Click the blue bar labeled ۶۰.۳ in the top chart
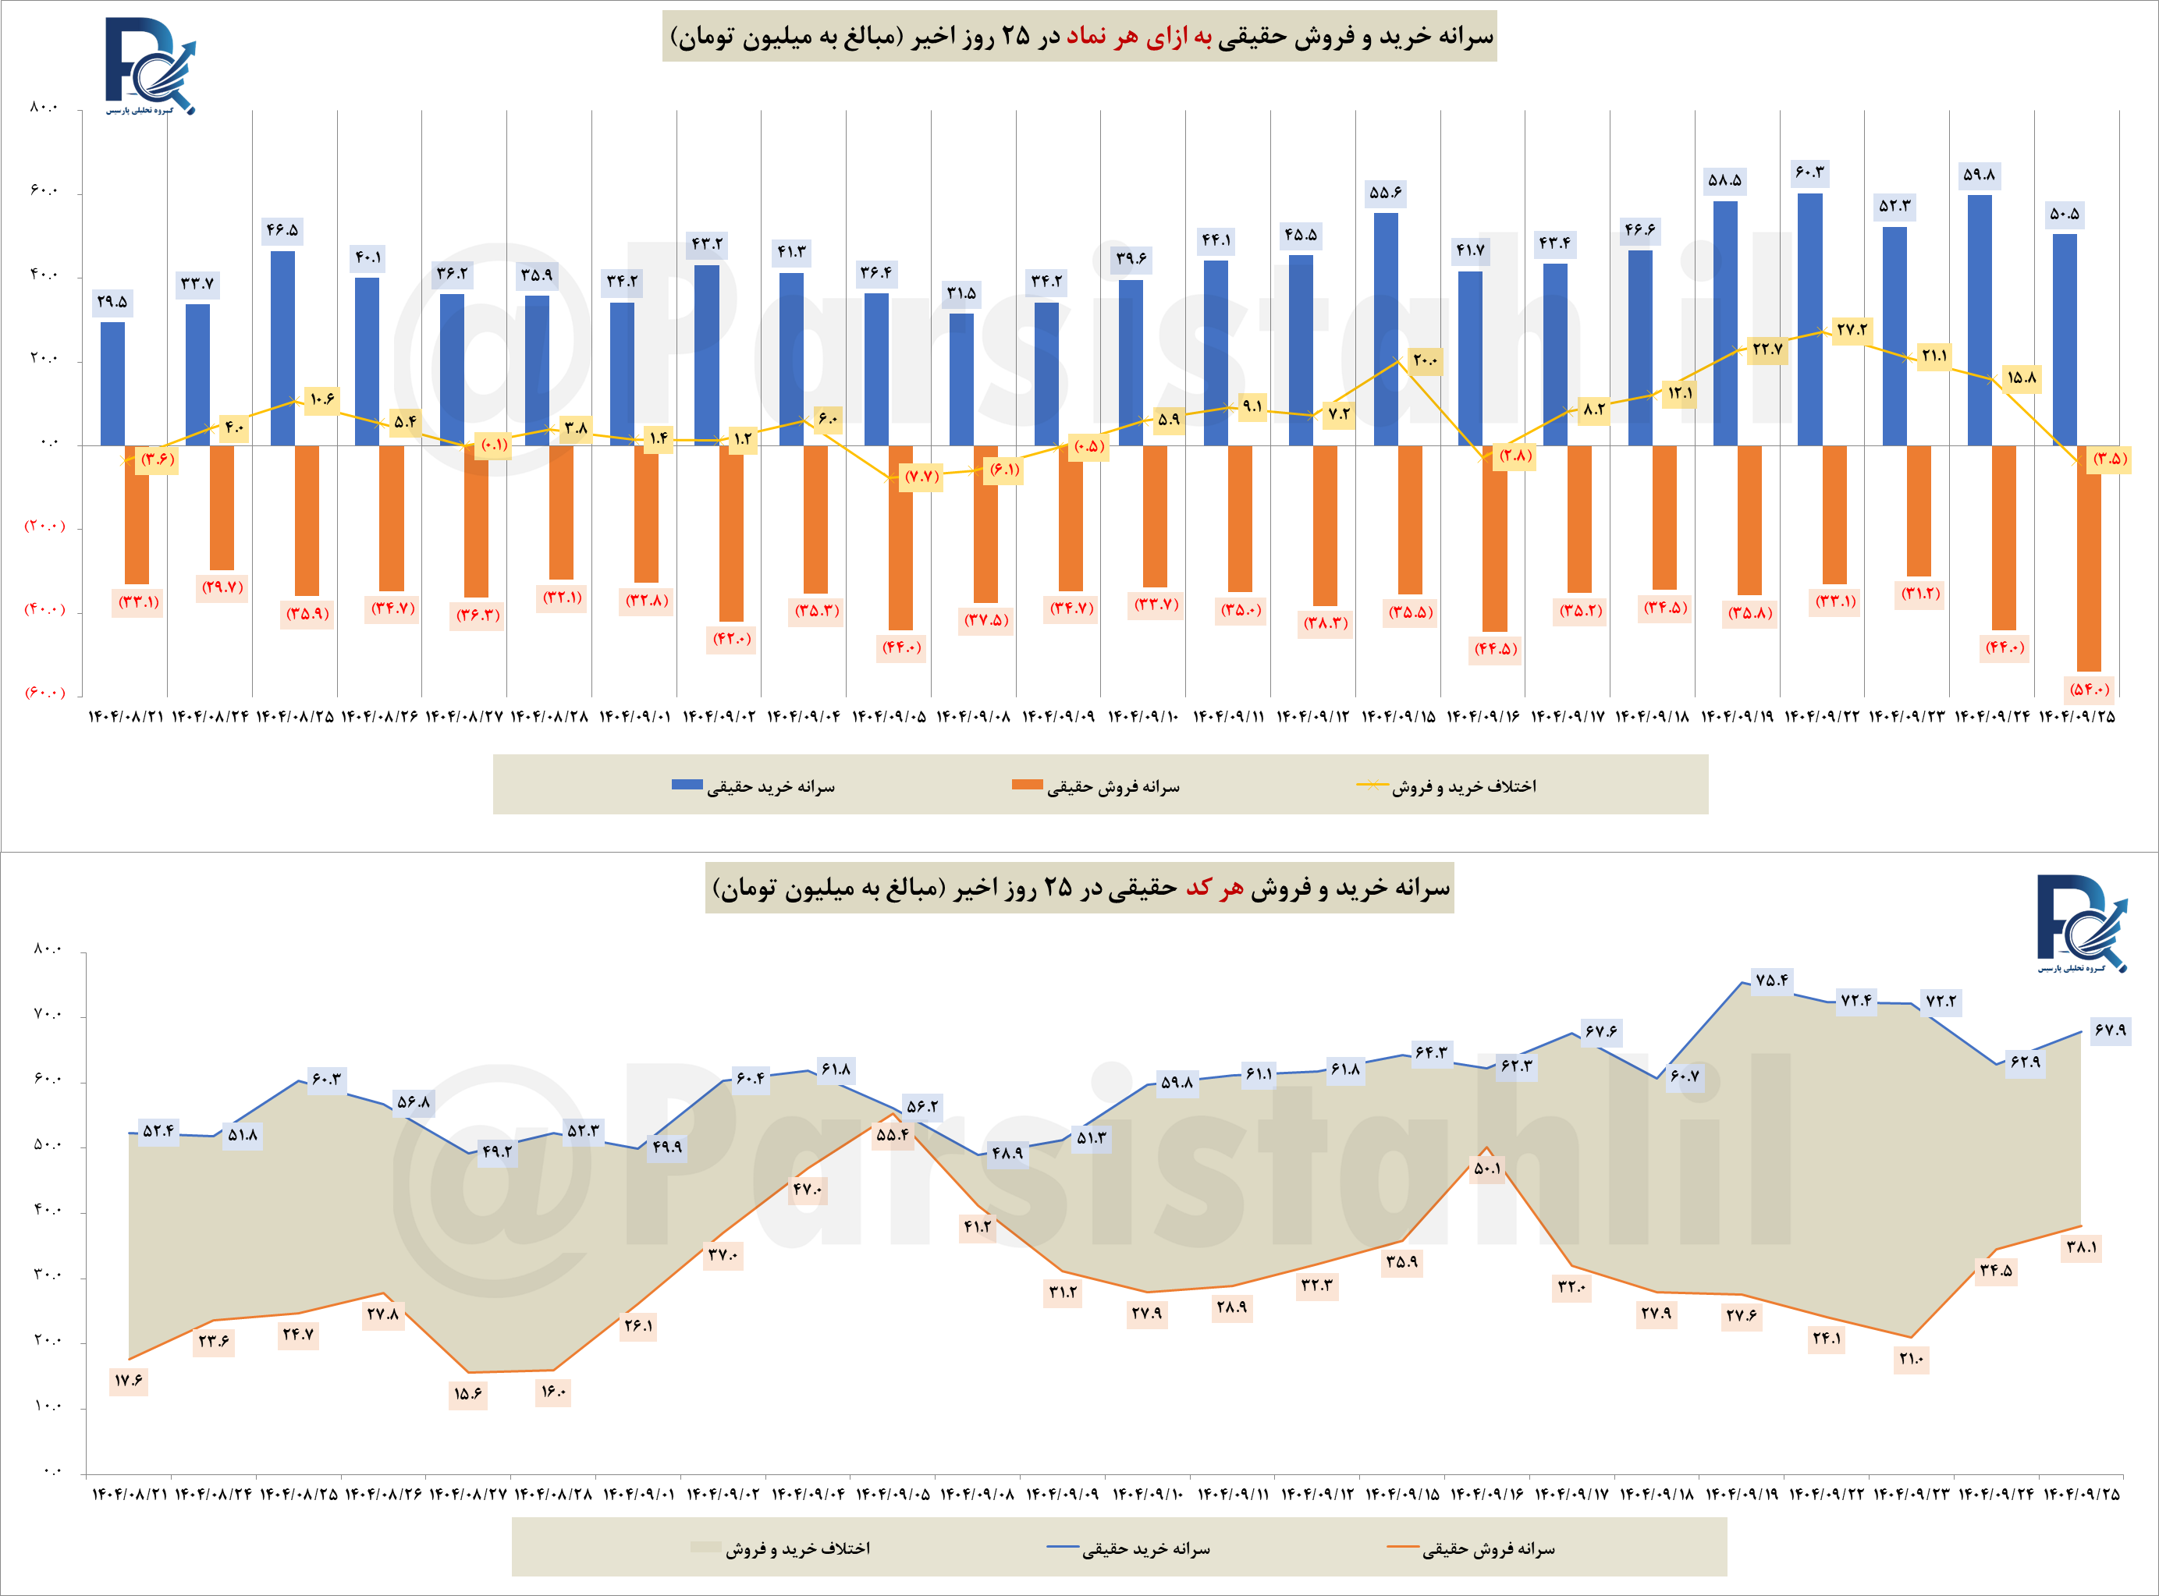coord(1809,319)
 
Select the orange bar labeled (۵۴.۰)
coord(2089,559)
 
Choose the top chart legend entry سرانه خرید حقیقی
coord(754,786)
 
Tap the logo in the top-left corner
coord(150,66)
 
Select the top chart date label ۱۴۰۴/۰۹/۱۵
coord(1398,717)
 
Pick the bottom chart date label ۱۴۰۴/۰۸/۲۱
coord(130,1495)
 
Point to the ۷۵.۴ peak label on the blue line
coord(1771,981)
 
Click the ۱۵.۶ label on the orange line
coord(467,1394)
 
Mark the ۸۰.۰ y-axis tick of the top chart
coord(44,107)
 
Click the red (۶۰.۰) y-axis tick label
coord(44,693)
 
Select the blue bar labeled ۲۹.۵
coord(113,384)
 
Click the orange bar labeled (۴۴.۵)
coord(1494,538)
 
